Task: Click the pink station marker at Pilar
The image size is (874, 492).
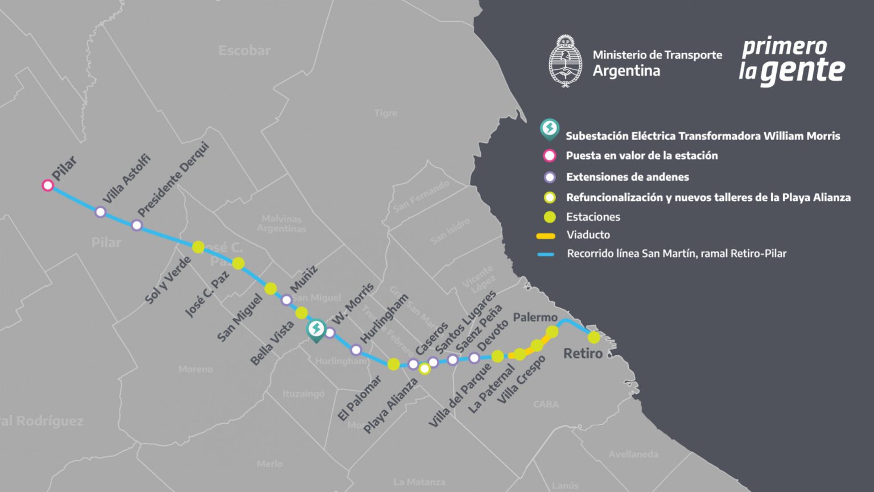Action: coord(48,185)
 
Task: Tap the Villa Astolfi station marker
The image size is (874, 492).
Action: coord(101,212)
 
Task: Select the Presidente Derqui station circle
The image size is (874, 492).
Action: coord(137,225)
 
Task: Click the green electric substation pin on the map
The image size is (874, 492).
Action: coord(316,329)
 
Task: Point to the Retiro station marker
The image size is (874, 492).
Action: coord(593,337)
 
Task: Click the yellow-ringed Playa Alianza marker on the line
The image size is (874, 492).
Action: coord(424,369)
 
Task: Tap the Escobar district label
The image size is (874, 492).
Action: coord(245,51)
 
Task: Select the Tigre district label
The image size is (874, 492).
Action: coord(386,113)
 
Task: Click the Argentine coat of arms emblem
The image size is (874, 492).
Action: coord(565,61)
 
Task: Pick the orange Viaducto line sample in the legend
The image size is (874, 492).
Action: coord(546,235)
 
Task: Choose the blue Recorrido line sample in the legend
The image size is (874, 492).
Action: coord(546,254)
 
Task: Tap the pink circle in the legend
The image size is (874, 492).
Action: coord(550,156)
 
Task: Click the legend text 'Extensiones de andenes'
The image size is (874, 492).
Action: coord(627,177)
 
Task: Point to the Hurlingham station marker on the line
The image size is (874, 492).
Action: coord(356,350)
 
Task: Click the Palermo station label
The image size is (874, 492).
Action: coord(535,317)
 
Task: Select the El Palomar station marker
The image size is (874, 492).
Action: coord(393,364)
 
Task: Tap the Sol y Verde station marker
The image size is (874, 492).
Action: coord(198,247)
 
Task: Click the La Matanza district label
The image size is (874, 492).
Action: coord(419,482)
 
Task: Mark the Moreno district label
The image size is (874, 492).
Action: coord(195,369)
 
